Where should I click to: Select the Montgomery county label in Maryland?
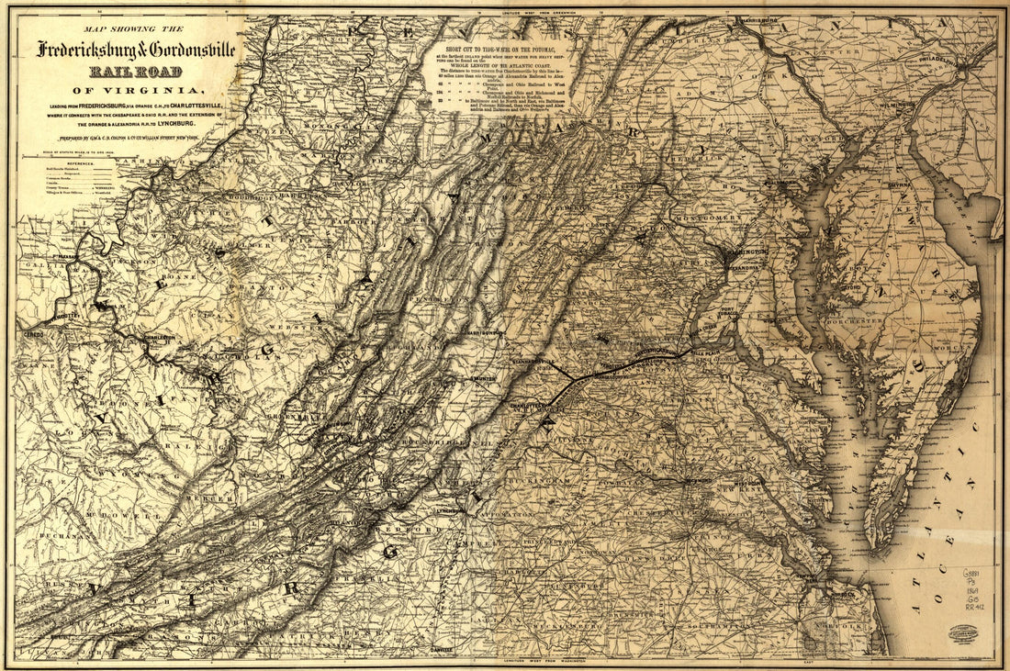pyautogui.click(x=702, y=218)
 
